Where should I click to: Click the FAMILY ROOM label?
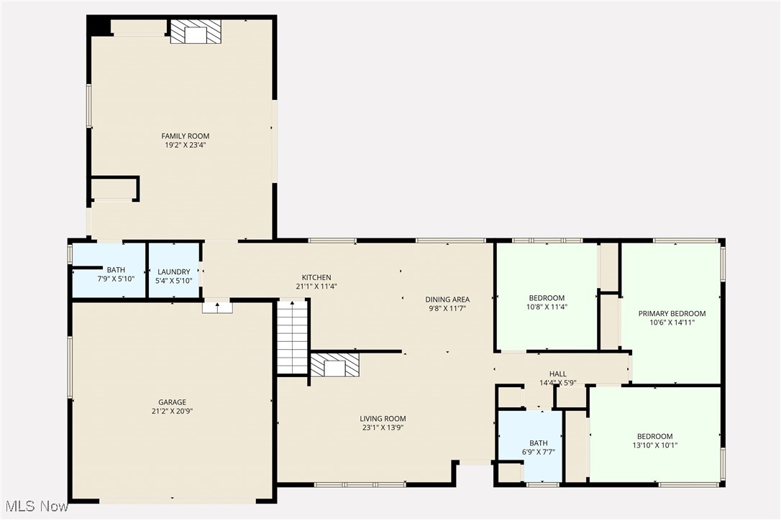click(x=185, y=136)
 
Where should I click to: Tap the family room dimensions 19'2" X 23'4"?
click(x=185, y=145)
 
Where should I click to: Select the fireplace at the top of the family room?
click(x=195, y=32)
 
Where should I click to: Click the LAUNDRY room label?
click(x=173, y=271)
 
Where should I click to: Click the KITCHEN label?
click(x=316, y=277)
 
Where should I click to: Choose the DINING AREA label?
click(x=447, y=300)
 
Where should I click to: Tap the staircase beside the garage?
click(x=293, y=337)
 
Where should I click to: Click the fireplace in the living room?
click(x=334, y=366)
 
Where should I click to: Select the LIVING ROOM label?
click(x=383, y=419)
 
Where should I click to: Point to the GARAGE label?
click(x=173, y=402)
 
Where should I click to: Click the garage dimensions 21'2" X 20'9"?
click(x=173, y=412)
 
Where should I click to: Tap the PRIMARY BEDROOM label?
click(x=672, y=313)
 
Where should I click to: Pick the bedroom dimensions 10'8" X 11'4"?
click(x=547, y=307)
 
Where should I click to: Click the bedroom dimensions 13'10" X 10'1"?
click(x=654, y=445)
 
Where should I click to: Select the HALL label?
click(x=558, y=373)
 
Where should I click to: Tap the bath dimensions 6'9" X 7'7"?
click(x=538, y=452)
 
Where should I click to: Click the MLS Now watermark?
click(x=35, y=507)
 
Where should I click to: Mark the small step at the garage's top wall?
click(x=217, y=307)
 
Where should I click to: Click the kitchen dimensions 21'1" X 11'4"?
click(x=316, y=287)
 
